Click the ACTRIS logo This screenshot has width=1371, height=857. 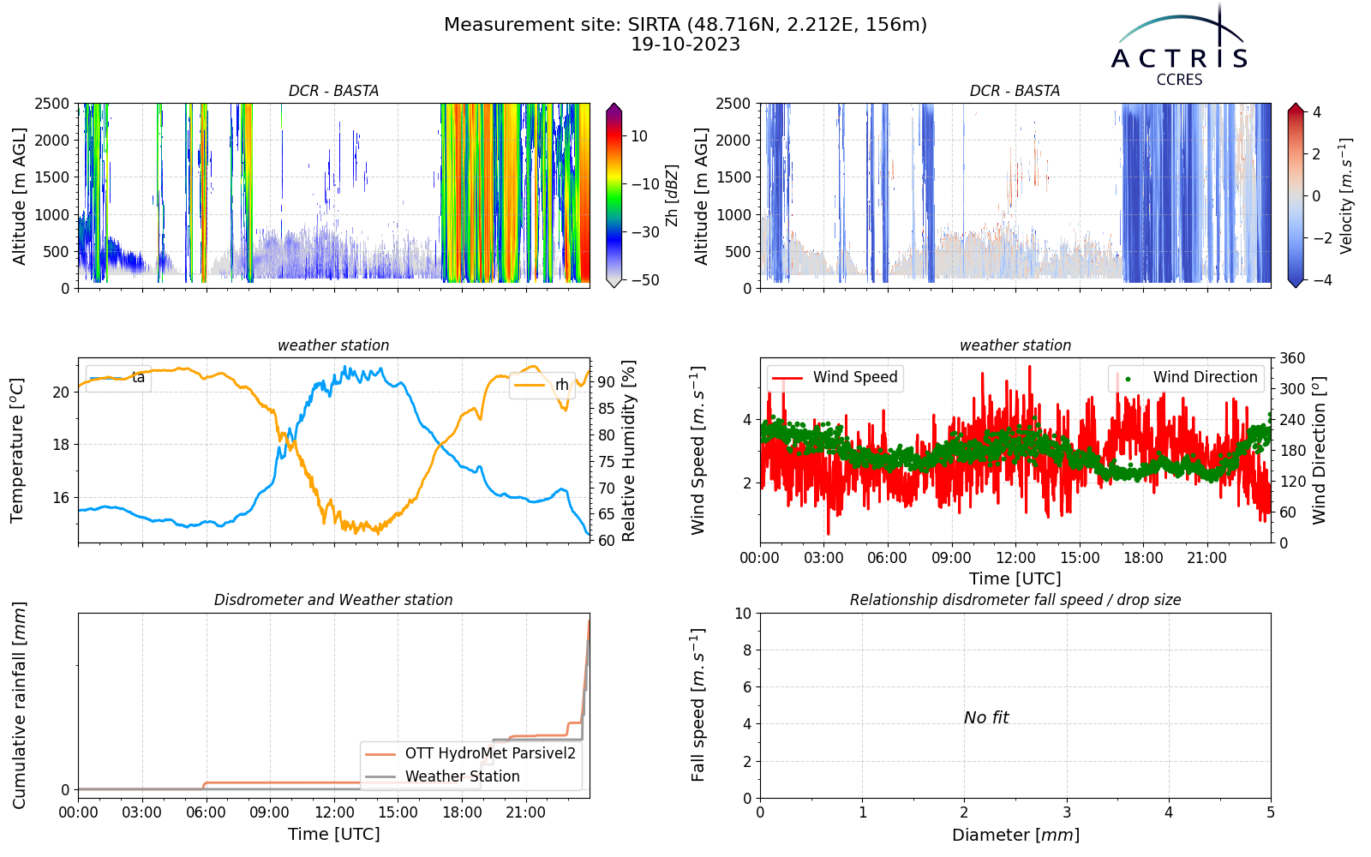tap(1179, 46)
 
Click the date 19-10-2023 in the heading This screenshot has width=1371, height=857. tap(685, 45)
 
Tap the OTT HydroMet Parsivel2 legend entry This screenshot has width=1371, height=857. tap(470, 753)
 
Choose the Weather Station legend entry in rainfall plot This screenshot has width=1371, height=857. tap(442, 776)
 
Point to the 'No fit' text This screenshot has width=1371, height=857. tap(986, 717)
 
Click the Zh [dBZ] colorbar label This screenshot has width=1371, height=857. tap(672, 195)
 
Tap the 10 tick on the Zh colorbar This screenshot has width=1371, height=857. tap(639, 136)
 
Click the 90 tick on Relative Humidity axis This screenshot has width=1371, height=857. tap(607, 381)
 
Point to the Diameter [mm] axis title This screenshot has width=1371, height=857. tap(1015, 835)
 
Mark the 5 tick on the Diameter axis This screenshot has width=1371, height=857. tap(1271, 812)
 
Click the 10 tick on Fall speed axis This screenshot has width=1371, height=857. tap(743, 614)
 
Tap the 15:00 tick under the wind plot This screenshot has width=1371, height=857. tap(1080, 558)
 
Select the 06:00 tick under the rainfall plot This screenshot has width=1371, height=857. tap(207, 813)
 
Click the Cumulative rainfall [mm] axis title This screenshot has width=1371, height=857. tap(19, 705)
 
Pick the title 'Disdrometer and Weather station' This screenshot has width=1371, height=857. tap(333, 600)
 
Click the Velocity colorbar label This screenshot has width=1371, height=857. tap(1345, 196)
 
